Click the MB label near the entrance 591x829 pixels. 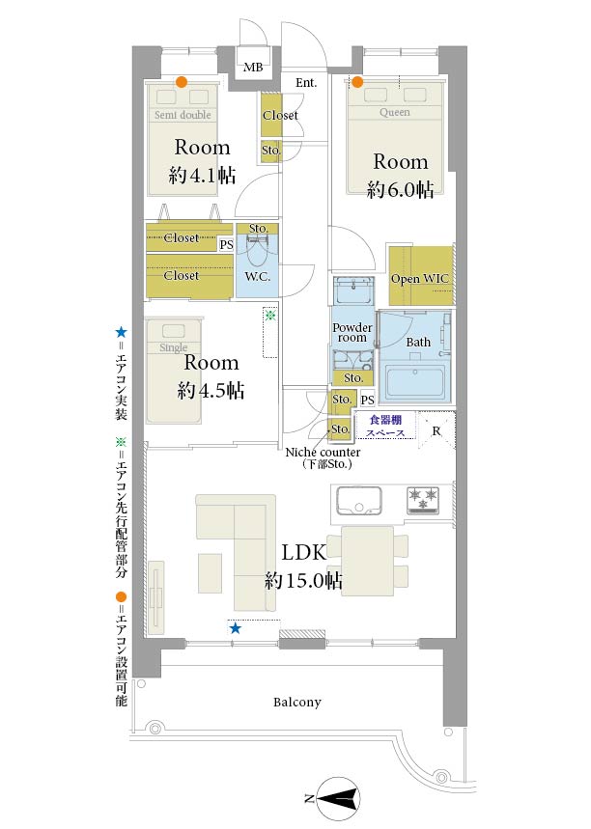click(253, 68)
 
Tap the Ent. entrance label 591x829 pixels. click(306, 82)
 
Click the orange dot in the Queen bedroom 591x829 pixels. click(357, 82)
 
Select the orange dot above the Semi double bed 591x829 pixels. click(182, 82)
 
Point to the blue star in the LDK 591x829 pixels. click(236, 628)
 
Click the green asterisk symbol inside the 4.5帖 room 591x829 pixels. click(270, 316)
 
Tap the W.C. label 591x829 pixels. click(257, 276)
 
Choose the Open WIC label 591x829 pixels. click(419, 279)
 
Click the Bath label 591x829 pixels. click(418, 342)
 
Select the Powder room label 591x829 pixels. click(352, 333)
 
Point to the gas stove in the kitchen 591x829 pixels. click(423, 500)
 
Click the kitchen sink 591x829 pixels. click(359, 500)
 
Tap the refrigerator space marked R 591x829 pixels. click(436, 430)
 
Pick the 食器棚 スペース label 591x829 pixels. click(385, 427)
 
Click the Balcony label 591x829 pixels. click(296, 703)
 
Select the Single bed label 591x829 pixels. click(174, 347)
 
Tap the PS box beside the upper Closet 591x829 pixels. click(226, 245)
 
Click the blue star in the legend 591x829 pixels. click(121, 333)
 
